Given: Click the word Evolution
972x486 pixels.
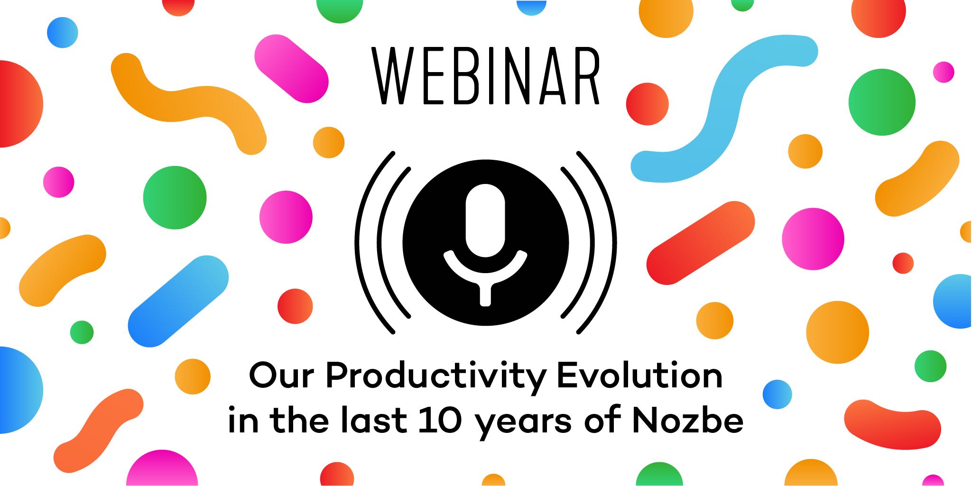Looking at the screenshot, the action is (639, 376).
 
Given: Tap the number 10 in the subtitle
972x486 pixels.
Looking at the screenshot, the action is (440, 421).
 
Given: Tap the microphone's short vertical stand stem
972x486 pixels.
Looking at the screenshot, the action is (485, 294).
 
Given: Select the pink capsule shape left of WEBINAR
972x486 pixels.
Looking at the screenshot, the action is (291, 69).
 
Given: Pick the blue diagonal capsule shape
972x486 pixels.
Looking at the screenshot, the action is (178, 302).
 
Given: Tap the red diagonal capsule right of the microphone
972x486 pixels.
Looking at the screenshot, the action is (700, 243).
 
